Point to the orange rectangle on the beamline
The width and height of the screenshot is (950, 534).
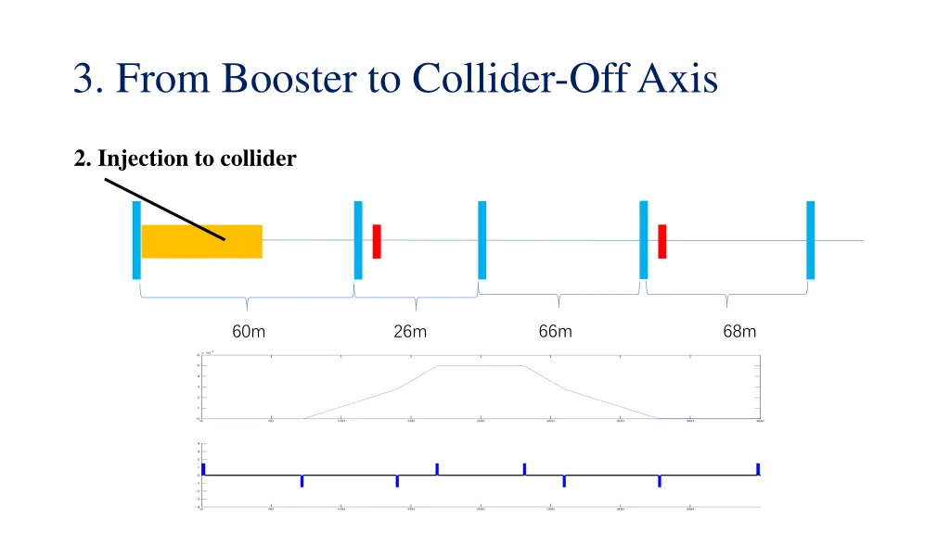(x=201, y=241)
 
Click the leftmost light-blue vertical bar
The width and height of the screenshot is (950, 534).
(x=136, y=239)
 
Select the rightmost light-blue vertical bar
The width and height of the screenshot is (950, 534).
(x=810, y=239)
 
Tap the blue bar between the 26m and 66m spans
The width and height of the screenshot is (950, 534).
(x=481, y=239)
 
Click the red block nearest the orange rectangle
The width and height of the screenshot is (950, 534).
(x=377, y=241)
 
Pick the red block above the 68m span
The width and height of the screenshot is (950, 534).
(x=662, y=241)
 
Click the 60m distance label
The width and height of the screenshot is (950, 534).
(x=249, y=332)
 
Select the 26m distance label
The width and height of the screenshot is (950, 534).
(x=410, y=332)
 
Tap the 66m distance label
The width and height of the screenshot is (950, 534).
(x=556, y=331)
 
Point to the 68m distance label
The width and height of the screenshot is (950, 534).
(x=739, y=331)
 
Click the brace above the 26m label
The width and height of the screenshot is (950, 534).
(x=416, y=299)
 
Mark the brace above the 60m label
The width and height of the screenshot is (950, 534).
(x=247, y=299)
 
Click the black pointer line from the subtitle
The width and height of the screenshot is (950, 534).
(x=164, y=210)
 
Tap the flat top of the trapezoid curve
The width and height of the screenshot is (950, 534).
(x=481, y=365)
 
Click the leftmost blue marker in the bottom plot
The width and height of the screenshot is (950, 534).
(x=203, y=469)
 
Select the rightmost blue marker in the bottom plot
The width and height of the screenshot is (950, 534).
(x=758, y=469)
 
